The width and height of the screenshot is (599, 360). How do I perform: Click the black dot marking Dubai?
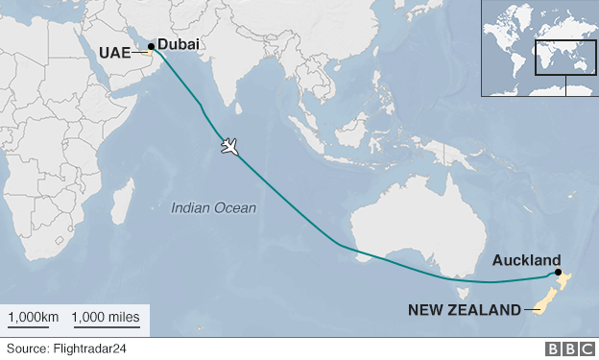(x=151, y=45)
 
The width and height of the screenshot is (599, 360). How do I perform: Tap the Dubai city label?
(x=180, y=44)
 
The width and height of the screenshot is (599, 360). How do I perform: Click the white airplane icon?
(x=229, y=146)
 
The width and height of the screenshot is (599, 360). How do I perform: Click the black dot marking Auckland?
(x=559, y=273)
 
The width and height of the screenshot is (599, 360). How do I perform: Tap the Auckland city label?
(x=526, y=260)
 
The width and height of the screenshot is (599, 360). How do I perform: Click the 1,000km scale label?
(x=34, y=316)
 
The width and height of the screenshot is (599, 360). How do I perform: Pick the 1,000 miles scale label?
(x=106, y=316)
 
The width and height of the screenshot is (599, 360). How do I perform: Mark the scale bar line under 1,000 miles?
(x=107, y=327)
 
